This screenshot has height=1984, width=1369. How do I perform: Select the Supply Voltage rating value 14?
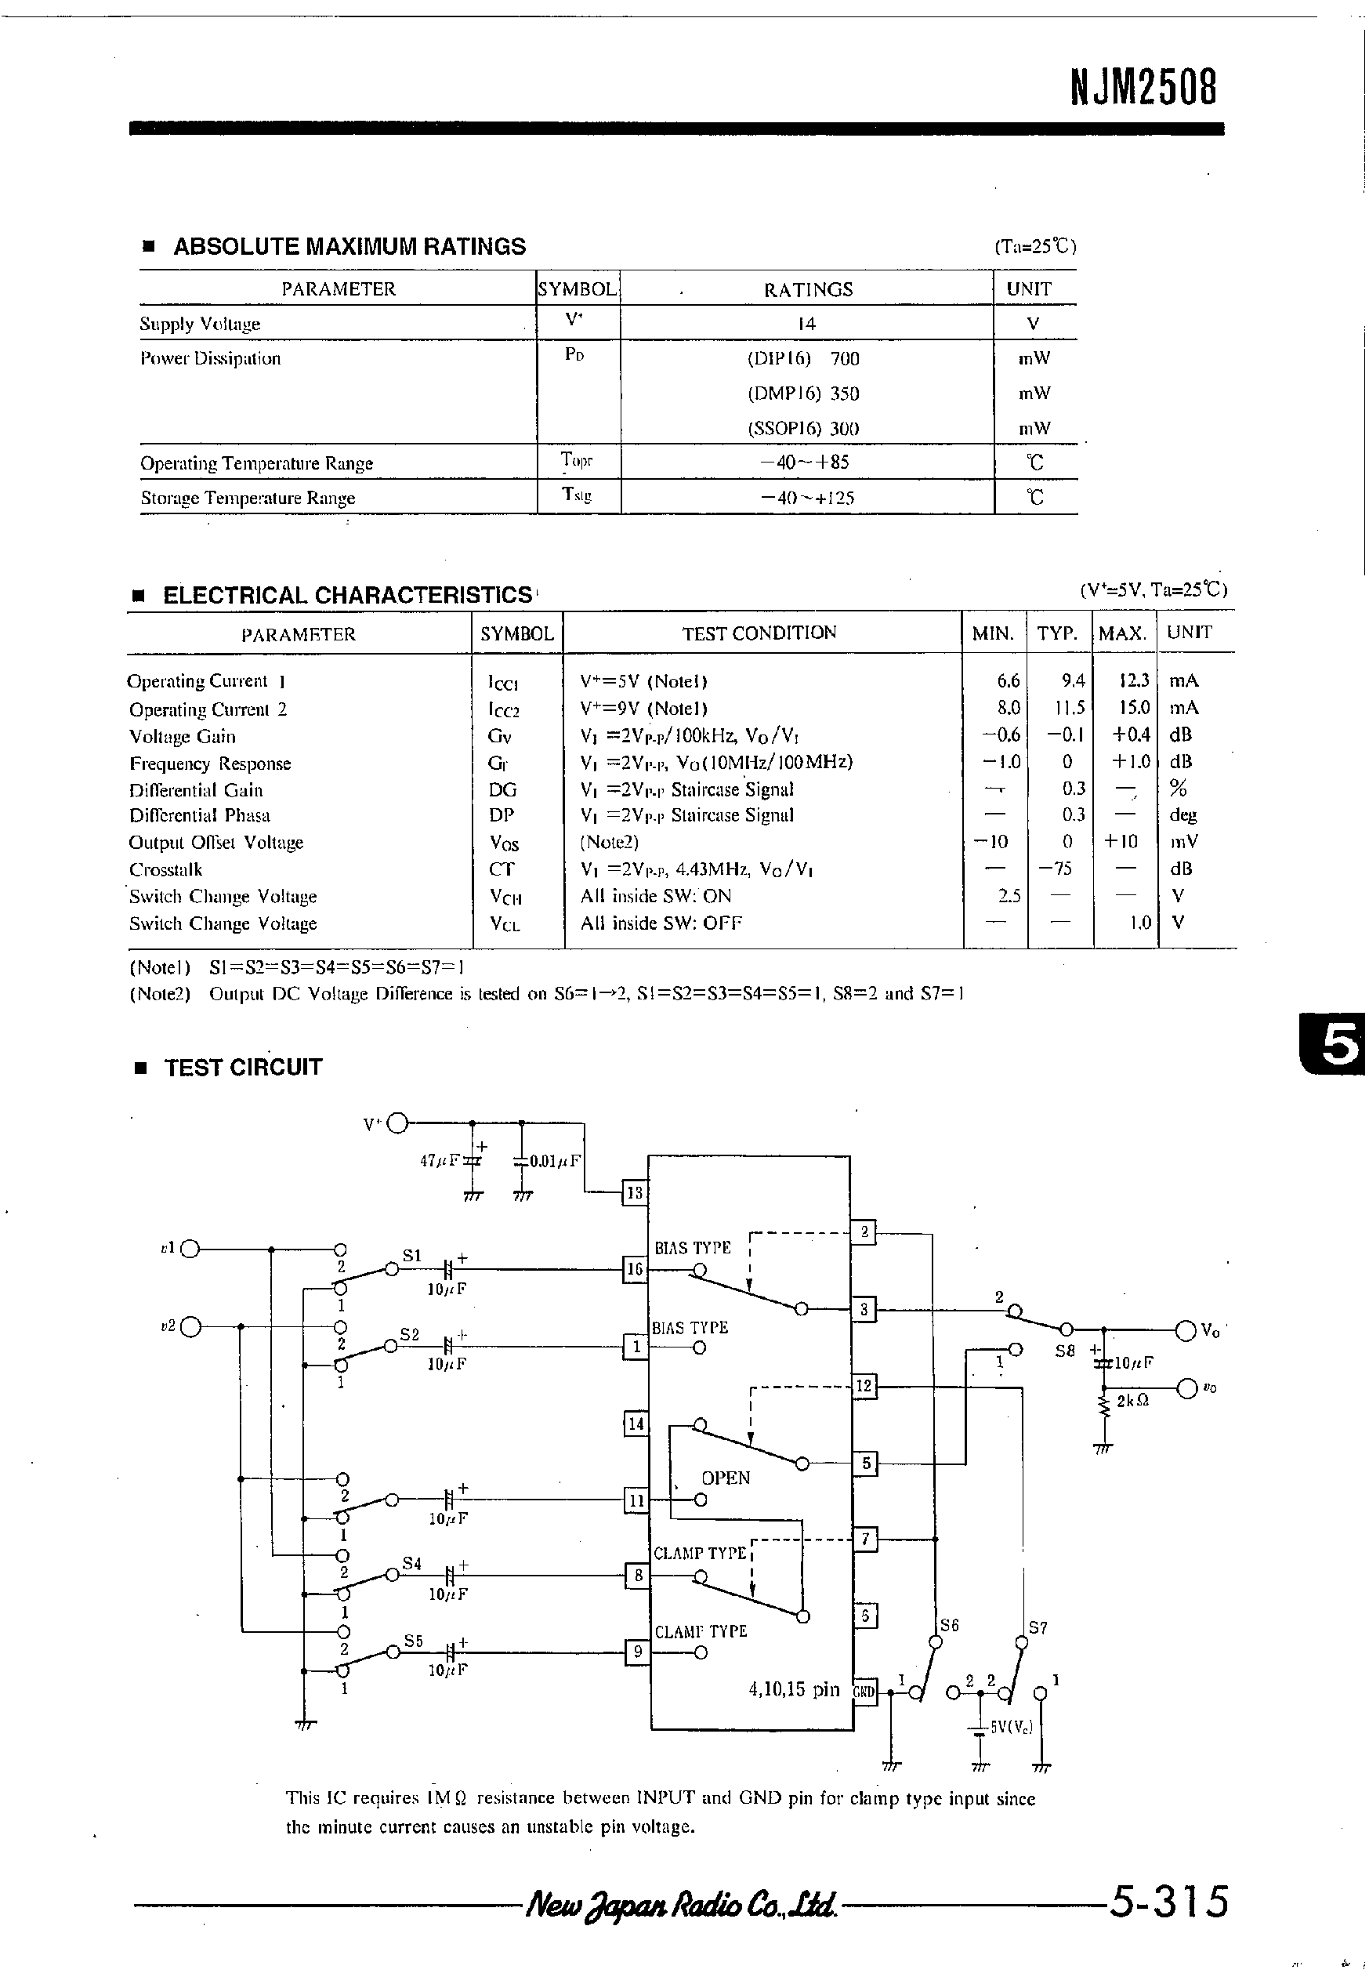806,324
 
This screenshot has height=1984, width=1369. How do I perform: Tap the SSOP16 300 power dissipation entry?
803,428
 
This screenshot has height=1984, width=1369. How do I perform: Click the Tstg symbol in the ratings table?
578,495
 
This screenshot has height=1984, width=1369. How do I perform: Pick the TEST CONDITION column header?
759,633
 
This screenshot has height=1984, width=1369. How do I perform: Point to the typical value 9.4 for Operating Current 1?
1073,680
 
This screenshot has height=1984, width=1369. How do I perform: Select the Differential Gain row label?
196,789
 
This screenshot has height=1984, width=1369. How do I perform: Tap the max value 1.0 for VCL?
1140,923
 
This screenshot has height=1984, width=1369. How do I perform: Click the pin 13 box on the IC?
635,1193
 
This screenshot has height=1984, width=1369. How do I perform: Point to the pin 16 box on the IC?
635,1269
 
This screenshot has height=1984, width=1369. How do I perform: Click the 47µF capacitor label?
438,1161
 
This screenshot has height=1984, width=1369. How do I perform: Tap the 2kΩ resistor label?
1132,1402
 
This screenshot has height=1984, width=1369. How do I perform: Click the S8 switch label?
1064,1350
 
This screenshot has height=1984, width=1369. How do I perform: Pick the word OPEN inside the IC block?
726,1478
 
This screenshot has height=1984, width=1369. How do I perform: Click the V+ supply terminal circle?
397,1123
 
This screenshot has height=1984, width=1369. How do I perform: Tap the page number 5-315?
1169,1901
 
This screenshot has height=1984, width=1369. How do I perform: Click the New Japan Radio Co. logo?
682,1905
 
